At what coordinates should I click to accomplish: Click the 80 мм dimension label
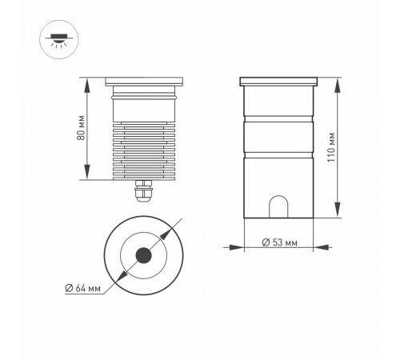81,130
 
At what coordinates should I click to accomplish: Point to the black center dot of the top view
144,256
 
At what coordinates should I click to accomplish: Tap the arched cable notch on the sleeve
278,206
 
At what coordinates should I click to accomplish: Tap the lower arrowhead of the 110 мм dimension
337,215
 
